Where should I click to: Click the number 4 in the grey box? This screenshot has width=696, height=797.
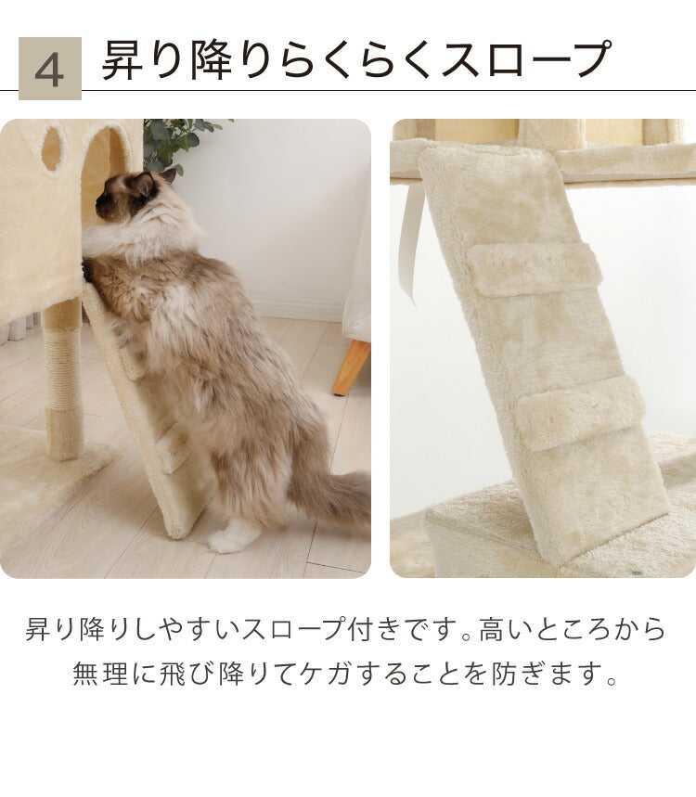tap(49, 69)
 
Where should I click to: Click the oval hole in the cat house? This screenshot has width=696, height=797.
tap(53, 148)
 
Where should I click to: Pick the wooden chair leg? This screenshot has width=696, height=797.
tap(352, 366)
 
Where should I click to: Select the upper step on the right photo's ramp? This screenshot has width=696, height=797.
tap(534, 268)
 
